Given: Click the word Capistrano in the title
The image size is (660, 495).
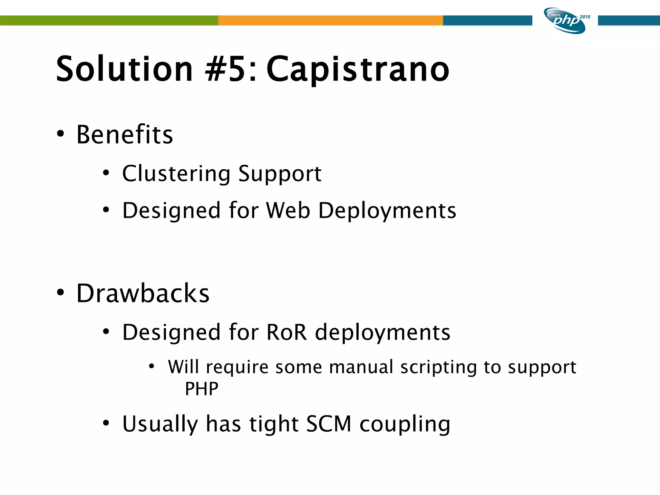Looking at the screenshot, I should click(358, 69).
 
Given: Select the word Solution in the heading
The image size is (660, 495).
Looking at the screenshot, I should click(124, 69).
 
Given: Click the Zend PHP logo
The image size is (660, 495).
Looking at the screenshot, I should click(565, 21).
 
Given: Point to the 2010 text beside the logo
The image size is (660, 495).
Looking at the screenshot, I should click(585, 17).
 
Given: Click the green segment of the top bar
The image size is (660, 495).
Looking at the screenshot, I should click(109, 20).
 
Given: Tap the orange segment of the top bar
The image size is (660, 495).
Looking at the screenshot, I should click(330, 20).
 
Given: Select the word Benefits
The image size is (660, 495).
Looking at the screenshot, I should click(124, 134).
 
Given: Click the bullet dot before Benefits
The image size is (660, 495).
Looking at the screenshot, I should click(60, 134).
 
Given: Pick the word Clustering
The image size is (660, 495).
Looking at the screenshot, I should click(176, 174).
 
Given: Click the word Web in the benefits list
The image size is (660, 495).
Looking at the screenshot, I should click(288, 210).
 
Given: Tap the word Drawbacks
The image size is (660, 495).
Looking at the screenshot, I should click(143, 293).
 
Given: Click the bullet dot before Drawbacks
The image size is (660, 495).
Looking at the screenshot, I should click(60, 293).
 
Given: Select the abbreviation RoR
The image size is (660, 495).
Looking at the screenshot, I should click(286, 332).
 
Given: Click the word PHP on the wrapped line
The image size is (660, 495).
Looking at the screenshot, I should click(201, 389).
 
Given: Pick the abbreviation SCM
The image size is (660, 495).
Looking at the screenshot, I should click(328, 424).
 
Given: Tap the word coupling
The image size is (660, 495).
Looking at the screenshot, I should click(405, 424).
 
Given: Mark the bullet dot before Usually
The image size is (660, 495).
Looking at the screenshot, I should click(106, 423).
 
